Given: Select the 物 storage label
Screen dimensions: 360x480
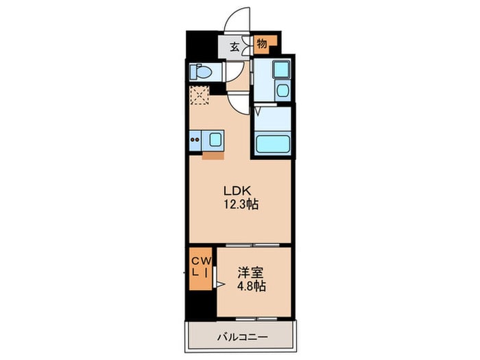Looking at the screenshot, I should pos(261,45).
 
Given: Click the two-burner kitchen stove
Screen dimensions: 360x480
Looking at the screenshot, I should pos(195,141).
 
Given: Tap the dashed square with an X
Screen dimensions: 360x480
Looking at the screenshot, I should pos(199,95).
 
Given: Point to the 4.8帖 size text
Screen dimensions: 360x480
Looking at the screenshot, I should pos(250,286).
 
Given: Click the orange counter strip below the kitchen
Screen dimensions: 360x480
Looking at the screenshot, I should pos(213,154).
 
